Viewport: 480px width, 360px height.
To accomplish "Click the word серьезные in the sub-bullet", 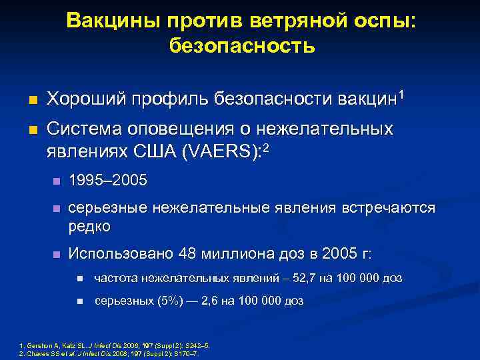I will click(x=108, y=209).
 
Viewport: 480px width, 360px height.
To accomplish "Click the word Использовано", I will click(x=122, y=254).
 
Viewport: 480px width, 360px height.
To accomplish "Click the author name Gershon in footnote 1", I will click(x=39, y=345).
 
